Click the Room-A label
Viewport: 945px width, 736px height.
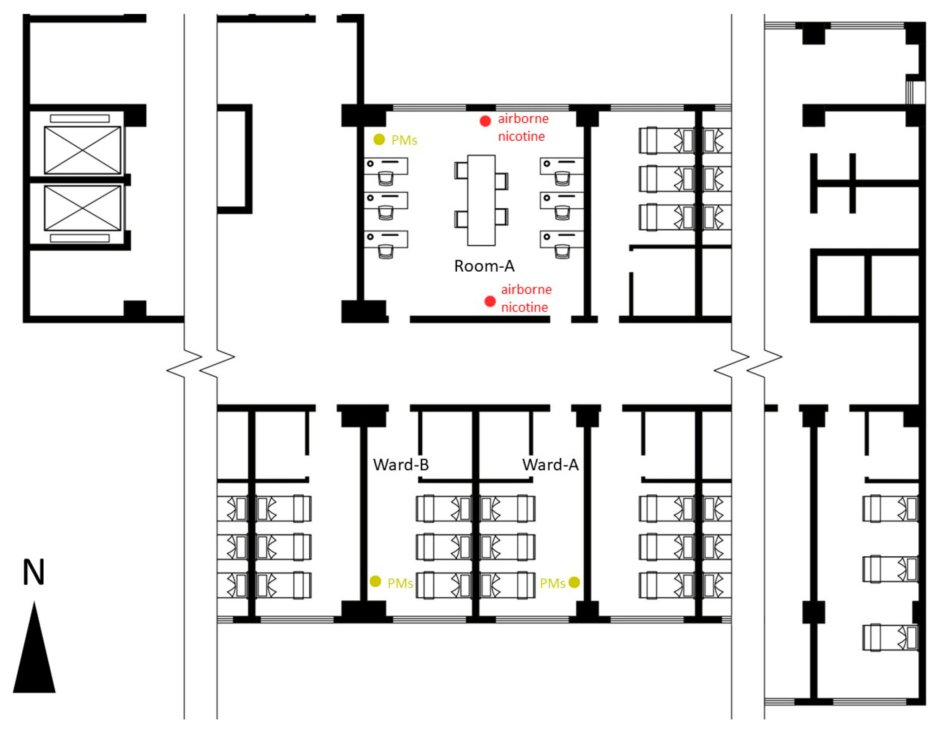coord(484,266)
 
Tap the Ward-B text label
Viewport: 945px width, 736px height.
coord(401,464)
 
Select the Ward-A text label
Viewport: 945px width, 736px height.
coord(550,464)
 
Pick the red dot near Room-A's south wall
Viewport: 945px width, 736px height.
coord(490,301)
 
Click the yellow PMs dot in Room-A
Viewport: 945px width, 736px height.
coord(379,139)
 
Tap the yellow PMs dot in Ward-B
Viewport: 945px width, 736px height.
coord(375,581)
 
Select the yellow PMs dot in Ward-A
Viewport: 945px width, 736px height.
coord(574,583)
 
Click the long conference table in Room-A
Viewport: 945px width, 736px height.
coord(481,200)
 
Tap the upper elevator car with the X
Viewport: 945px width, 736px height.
coord(82,150)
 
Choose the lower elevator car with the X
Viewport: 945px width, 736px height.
coord(82,208)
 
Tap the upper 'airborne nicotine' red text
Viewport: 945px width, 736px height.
coord(523,127)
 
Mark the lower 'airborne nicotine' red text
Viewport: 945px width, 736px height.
coord(526,298)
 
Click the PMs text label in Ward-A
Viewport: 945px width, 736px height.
coord(553,584)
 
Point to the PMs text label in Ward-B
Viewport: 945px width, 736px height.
coord(400,584)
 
